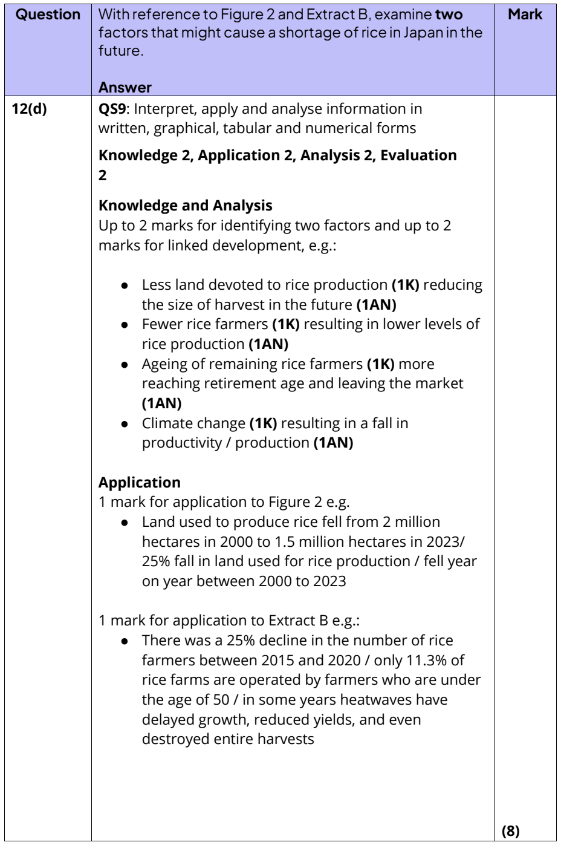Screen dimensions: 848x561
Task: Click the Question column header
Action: [48, 14]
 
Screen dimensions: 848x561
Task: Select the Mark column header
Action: [525, 14]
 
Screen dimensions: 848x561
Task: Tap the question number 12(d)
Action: [29, 109]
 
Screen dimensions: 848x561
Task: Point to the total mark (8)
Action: [511, 832]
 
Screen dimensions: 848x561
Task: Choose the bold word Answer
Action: [125, 87]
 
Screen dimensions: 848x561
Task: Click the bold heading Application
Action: [139, 482]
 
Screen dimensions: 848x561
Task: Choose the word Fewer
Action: [160, 324]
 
